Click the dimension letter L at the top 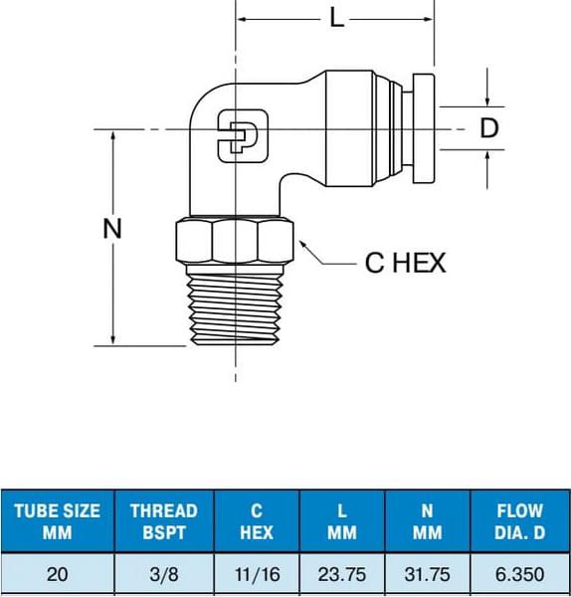tap(336, 18)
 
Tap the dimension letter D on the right tap(488, 128)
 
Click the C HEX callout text tap(406, 263)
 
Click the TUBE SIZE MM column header tap(57, 520)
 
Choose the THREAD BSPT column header tap(164, 520)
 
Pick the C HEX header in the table tap(257, 520)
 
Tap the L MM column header tap(341, 520)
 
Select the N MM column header tap(427, 520)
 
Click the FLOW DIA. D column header tap(520, 520)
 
